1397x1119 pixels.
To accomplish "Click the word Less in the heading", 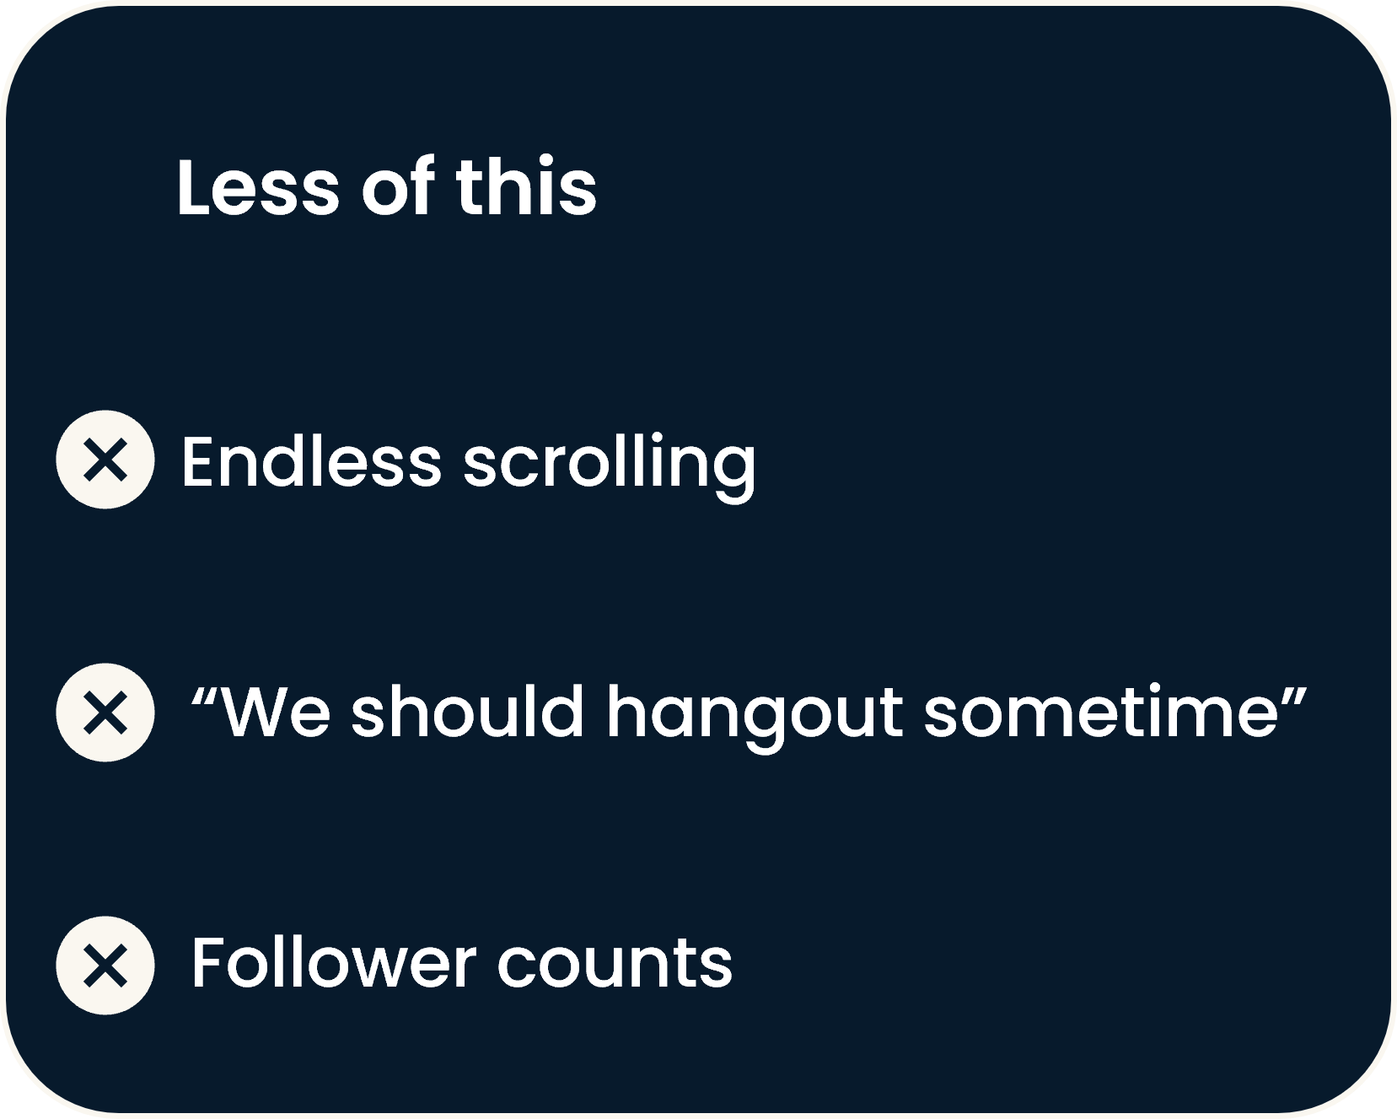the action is pos(257,187).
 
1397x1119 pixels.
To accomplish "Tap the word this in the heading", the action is pos(526,186).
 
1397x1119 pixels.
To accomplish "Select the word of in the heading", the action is pos(398,186).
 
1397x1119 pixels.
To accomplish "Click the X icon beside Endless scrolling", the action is pos(105,460).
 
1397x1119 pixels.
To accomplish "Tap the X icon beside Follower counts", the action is pos(105,965).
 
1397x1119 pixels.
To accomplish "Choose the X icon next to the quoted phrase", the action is pos(105,713).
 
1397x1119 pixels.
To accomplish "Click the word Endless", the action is pos(311,461).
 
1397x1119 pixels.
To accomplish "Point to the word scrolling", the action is pos(610,466).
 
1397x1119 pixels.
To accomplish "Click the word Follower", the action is pos(334,962).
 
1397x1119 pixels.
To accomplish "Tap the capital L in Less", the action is pos(193,187).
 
